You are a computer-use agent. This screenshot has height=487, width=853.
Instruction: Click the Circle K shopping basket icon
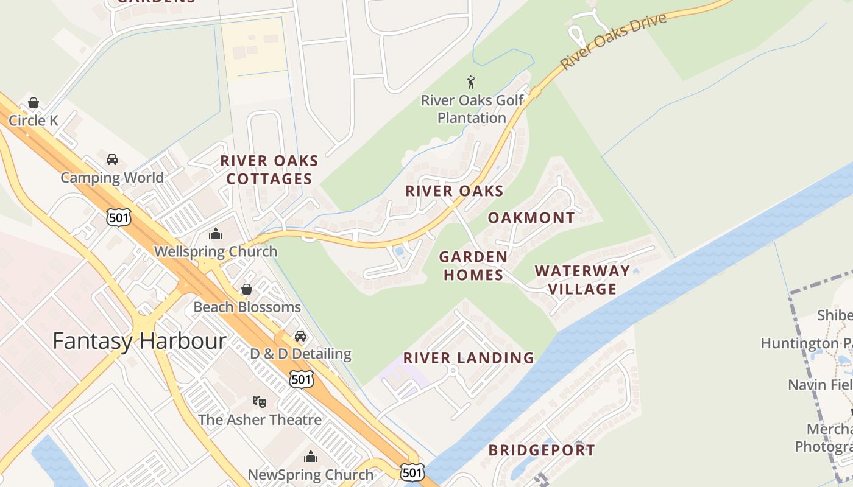point(34,103)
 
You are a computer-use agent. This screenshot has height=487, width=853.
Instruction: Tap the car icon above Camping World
point(112,159)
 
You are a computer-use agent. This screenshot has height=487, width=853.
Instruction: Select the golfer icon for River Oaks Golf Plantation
point(471,82)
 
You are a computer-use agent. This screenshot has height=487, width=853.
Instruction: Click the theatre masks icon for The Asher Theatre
point(260,402)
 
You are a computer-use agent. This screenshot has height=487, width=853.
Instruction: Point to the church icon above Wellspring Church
point(215,234)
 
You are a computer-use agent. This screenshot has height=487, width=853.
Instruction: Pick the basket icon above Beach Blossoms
point(247,289)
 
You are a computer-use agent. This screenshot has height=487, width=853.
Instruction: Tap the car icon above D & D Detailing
point(300,336)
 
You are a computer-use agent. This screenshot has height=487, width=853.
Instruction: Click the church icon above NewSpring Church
point(311,457)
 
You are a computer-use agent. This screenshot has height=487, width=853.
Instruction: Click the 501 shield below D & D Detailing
point(302,379)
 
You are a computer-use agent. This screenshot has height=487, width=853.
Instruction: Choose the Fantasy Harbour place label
point(140,341)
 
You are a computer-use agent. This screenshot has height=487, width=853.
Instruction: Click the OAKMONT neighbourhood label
point(531,218)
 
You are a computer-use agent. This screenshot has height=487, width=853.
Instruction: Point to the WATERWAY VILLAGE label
point(582,279)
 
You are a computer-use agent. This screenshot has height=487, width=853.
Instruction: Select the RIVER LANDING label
point(469,358)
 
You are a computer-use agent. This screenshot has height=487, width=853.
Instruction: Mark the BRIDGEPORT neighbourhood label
point(542,450)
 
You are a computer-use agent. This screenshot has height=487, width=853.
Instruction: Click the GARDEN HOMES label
point(473,266)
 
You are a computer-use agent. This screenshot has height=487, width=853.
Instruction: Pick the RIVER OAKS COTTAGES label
point(269,170)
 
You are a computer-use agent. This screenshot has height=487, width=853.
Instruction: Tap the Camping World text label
point(112,178)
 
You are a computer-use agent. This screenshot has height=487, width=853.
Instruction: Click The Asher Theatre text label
point(260,420)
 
